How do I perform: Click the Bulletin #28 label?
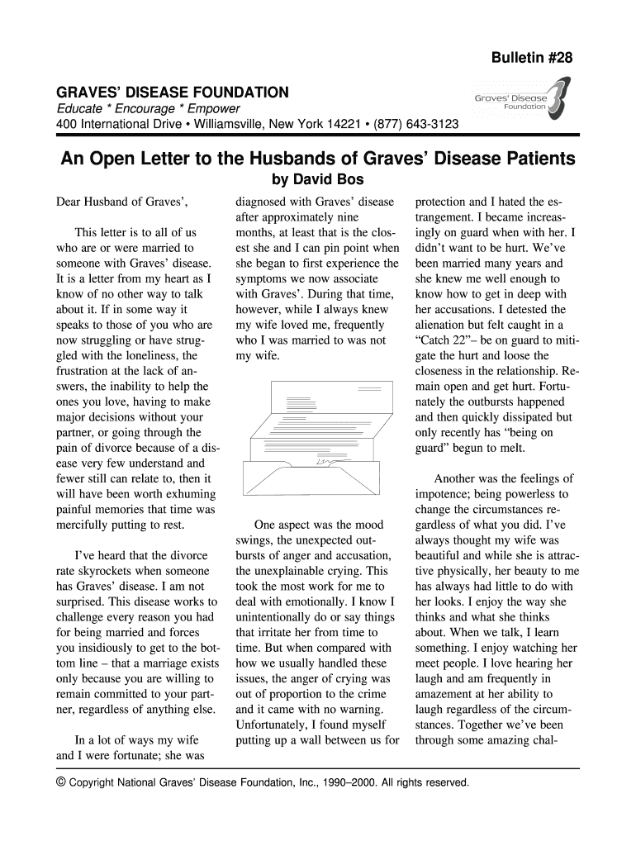pos(532,57)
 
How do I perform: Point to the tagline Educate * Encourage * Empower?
pos(147,109)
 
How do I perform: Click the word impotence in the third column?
pos(446,494)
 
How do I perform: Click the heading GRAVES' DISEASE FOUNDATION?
pos(172,92)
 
